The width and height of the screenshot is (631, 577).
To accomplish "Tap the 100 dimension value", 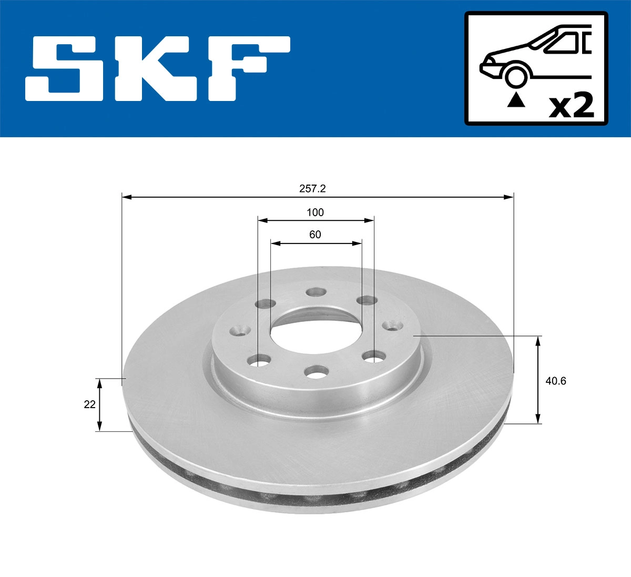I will pos(315,212).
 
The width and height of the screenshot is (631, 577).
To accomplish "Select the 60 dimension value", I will pos(315,235).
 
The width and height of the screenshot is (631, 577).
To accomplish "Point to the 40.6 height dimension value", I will pos(556,381).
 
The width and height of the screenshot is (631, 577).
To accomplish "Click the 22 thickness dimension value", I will pos(90,404).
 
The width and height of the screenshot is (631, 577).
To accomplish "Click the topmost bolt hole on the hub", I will pos(316,292).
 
